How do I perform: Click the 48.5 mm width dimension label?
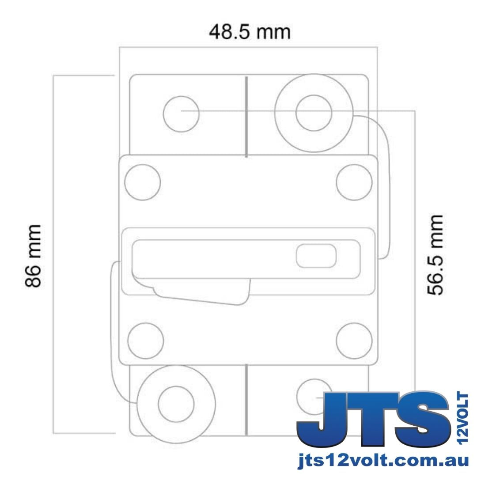250,33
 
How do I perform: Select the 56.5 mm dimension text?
435,255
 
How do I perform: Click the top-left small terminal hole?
181,114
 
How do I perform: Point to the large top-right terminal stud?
314,113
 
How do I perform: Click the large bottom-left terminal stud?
176,404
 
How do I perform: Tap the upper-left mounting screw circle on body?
142,182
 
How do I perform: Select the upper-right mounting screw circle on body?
354,182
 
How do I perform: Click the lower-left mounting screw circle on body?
145,341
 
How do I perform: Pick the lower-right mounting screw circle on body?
354,341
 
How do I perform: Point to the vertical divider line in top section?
246,116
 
